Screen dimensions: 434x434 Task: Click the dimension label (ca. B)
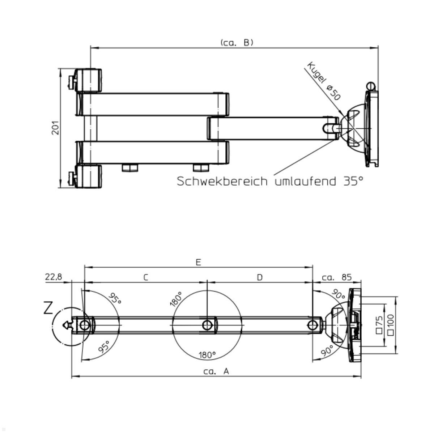237,42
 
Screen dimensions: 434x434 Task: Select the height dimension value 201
55,128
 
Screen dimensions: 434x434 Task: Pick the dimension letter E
198,262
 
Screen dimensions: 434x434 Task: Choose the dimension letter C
145,277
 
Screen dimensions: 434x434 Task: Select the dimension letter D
260,277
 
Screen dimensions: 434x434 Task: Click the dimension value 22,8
54,277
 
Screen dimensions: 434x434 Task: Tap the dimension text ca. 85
336,277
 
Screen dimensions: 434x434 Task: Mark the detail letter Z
48,308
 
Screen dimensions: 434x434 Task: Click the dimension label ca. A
216,371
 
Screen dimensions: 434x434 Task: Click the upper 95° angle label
115,299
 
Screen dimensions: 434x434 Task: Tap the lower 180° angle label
207,355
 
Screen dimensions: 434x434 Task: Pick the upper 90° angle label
339,295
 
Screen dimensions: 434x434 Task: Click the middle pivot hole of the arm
207,325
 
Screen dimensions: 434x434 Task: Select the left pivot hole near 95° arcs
84,325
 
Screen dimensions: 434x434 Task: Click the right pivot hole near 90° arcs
312,325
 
